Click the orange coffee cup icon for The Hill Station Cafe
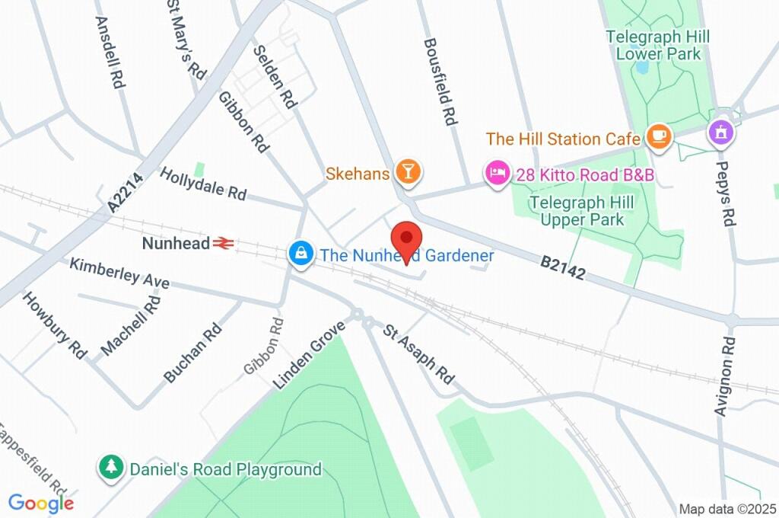tap(657, 138)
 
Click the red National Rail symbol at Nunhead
tap(222, 244)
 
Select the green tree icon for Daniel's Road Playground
tap(112, 468)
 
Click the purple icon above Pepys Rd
tap(720, 132)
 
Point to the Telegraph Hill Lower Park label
tap(657, 45)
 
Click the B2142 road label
tap(563, 267)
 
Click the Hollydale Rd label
tap(203, 184)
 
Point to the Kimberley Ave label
tap(119, 273)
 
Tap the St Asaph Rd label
tap(418, 354)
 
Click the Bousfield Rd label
tap(440, 82)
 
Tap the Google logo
tap(41, 504)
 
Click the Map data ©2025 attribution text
tap(727, 508)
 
